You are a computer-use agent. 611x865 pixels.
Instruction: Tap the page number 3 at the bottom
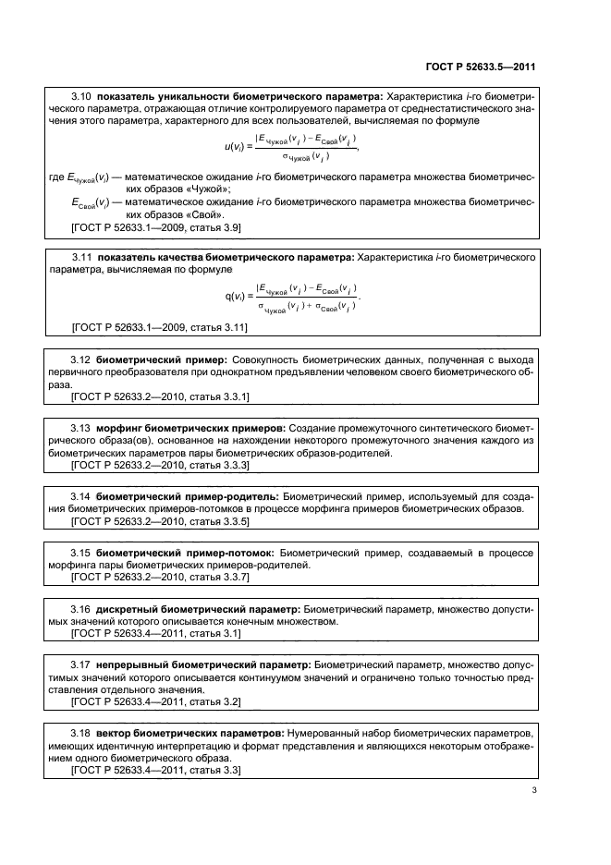pyautogui.click(x=534, y=790)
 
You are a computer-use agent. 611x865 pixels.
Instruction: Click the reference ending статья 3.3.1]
pyautogui.click(x=160, y=396)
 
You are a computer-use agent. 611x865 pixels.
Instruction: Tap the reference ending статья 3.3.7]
pyautogui.click(x=160, y=578)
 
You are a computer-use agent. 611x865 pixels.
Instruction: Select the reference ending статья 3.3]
pyautogui.click(x=155, y=770)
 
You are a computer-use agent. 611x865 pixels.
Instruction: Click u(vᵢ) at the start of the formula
pyautogui.click(x=236, y=146)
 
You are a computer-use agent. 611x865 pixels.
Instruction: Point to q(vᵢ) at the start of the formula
pyautogui.click(x=237, y=298)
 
